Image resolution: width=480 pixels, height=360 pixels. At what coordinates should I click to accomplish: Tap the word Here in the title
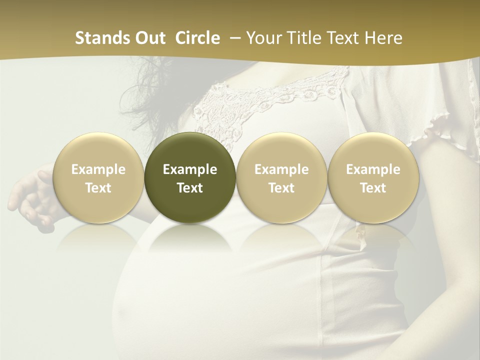384,38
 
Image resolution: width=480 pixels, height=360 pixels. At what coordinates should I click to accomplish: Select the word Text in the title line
342,38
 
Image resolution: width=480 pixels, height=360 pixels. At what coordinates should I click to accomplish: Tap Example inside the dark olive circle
190,169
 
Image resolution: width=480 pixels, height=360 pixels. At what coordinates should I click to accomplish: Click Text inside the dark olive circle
190,188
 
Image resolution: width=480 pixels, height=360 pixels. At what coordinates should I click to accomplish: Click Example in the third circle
281,169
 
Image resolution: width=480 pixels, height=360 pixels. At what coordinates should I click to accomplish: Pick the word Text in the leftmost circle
98,188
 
